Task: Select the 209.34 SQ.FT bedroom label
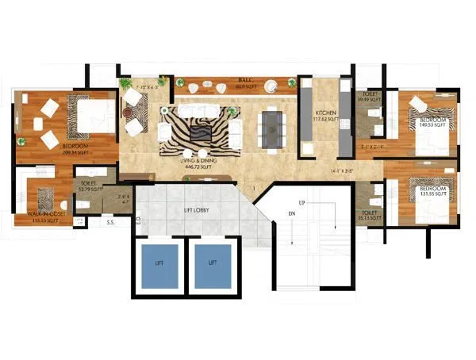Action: coord(54,149)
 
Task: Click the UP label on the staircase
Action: coord(301,203)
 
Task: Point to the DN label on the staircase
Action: coord(290,213)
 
